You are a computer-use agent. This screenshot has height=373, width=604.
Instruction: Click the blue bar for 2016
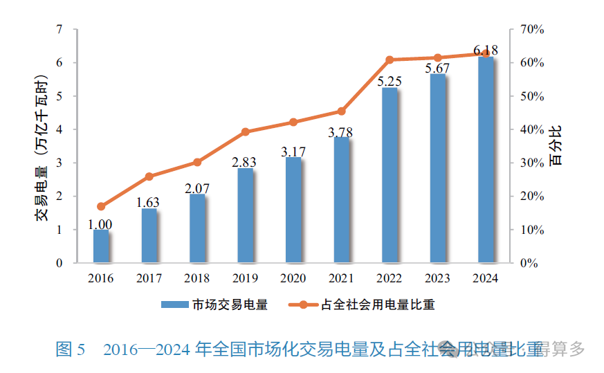click(101, 246)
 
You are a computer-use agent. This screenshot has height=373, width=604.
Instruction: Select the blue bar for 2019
click(245, 216)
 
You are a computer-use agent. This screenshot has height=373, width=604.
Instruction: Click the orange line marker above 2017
click(149, 176)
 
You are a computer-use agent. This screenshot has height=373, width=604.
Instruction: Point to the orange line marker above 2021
click(341, 111)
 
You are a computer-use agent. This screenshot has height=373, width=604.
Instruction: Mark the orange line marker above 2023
click(437, 58)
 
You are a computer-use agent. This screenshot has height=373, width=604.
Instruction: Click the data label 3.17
click(293, 151)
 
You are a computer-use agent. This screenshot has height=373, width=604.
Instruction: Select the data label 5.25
click(390, 81)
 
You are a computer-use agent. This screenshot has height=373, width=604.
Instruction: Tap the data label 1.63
click(149, 202)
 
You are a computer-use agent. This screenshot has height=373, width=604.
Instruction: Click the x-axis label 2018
click(197, 278)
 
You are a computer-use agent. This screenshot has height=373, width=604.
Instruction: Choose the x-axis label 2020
click(293, 278)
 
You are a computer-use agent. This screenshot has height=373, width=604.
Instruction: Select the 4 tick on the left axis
click(59, 129)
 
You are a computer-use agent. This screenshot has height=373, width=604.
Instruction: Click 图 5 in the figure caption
click(70, 349)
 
